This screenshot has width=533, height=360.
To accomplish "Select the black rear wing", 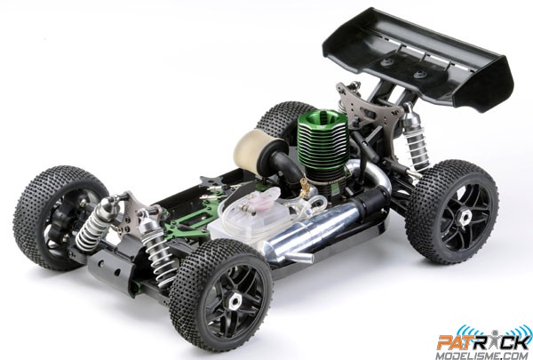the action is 418,59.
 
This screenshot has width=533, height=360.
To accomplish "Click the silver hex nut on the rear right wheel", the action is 464,215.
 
